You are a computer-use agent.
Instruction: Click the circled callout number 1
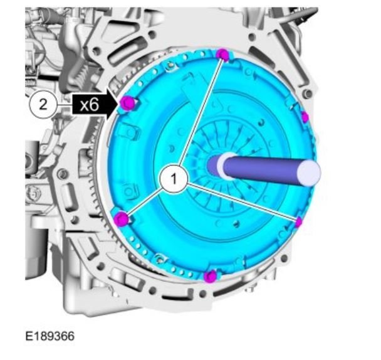174,179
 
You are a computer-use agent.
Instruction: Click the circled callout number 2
43,105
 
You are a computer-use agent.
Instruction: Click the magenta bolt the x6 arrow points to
127,103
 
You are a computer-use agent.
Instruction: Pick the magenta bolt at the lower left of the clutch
122,218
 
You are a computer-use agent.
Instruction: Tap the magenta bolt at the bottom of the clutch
210,277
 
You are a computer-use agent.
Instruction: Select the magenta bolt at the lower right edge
299,222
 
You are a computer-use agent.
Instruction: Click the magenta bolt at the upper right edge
305,117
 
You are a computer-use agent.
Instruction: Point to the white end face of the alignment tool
309,172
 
